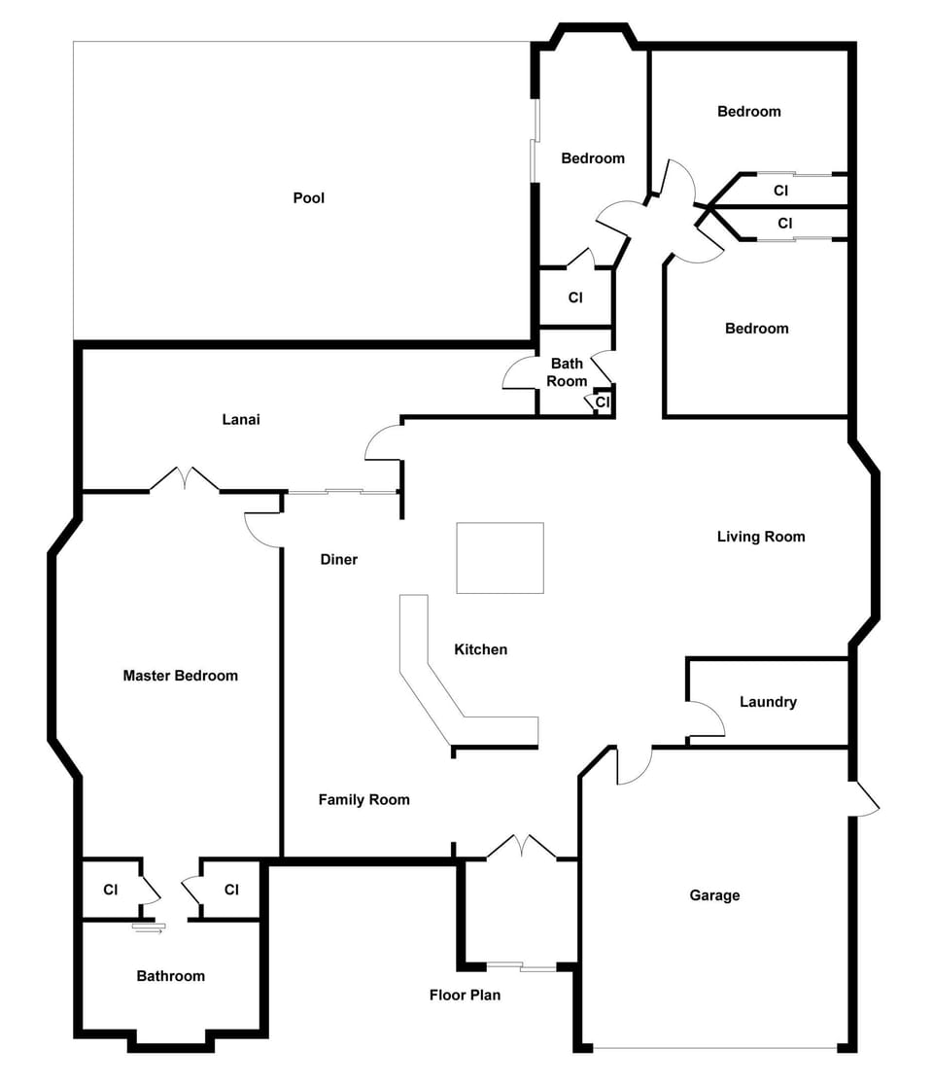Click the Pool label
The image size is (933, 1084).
pyautogui.click(x=308, y=198)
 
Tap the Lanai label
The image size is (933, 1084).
pyautogui.click(x=241, y=420)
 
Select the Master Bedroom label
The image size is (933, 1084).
pyautogui.click(x=181, y=676)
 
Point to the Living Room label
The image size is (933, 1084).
pyautogui.click(x=761, y=538)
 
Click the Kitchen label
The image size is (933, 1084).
pyautogui.click(x=481, y=649)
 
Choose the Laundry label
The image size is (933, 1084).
pyautogui.click(x=768, y=702)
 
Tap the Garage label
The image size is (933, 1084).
pyautogui.click(x=714, y=896)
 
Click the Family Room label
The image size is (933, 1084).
pyautogui.click(x=364, y=800)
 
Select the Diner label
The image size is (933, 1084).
pyautogui.click(x=338, y=560)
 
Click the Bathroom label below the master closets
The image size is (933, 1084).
pyautogui.click(x=171, y=976)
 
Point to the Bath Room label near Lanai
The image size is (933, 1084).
pyautogui.click(x=567, y=372)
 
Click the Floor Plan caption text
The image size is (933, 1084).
pyautogui.click(x=466, y=996)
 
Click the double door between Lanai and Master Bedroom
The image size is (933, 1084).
pyautogui.click(x=185, y=479)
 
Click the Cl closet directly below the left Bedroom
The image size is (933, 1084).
pyautogui.click(x=575, y=297)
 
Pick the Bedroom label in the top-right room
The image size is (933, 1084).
pyautogui.click(x=749, y=112)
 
